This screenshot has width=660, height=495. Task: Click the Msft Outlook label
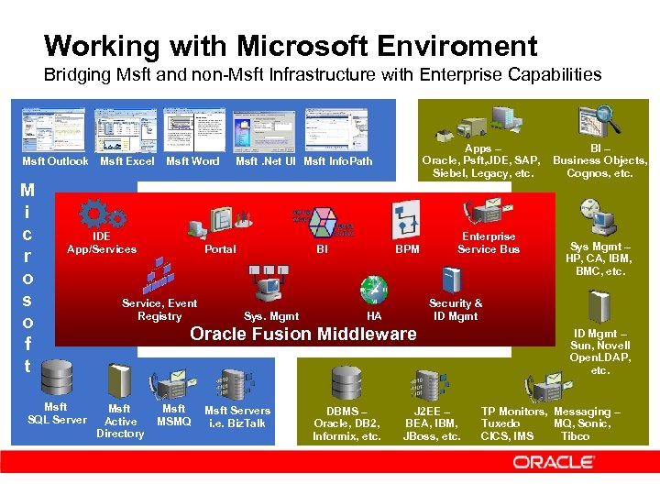pyautogui.click(x=55, y=162)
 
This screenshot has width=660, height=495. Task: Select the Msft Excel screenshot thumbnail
pyautogui.click(x=126, y=130)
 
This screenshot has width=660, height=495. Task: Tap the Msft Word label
pyautogui.click(x=192, y=162)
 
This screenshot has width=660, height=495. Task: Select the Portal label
pyautogui.click(x=220, y=249)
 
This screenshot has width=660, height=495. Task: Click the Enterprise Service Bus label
pyautogui.click(x=488, y=243)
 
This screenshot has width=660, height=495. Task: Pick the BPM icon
pyautogui.click(x=404, y=219)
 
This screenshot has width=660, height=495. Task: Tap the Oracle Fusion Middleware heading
pyautogui.click(x=302, y=334)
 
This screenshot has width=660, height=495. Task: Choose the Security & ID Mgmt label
pyautogui.click(x=456, y=310)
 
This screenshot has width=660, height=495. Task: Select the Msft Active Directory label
pyautogui.click(x=120, y=422)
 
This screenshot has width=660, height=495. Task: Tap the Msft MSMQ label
pyautogui.click(x=173, y=415)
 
